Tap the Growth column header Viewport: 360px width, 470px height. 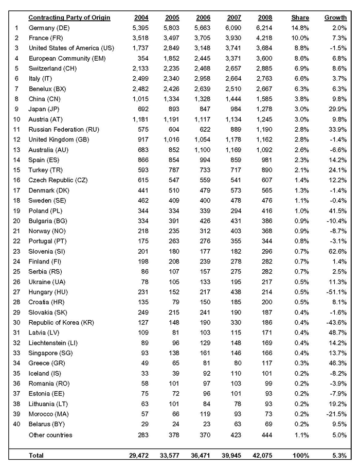click(335, 18)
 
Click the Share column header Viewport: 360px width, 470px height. click(300, 18)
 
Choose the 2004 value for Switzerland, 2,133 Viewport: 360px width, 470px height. click(138, 68)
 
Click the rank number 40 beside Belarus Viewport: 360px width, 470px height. click(18, 424)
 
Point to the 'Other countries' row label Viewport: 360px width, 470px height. click(50, 435)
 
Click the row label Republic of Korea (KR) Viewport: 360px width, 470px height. click(64, 323)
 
